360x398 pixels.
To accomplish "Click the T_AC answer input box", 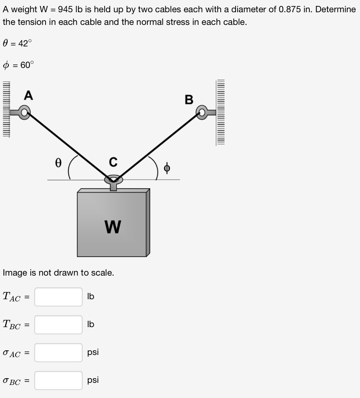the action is (x=58, y=297).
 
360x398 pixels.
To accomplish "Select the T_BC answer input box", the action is (x=58, y=325).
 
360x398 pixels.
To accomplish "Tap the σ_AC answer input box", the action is (x=58, y=352).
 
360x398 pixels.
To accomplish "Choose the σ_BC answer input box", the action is (x=58, y=380).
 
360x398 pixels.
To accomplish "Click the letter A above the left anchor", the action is (x=28, y=96).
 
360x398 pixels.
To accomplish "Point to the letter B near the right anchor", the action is (x=189, y=100).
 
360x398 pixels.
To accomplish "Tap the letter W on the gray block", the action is (x=113, y=227).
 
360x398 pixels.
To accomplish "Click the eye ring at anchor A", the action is (x=25, y=113).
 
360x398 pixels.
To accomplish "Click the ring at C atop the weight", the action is (x=114, y=180).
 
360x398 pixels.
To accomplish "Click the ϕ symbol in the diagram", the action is (x=167, y=168).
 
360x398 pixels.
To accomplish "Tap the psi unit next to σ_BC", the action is (x=93, y=380).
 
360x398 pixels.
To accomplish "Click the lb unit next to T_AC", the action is (x=90, y=297).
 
